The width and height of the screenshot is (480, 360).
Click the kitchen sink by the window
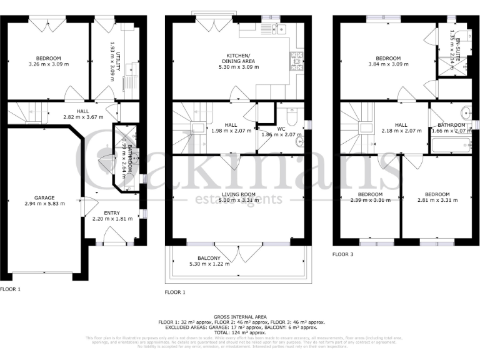pos(273,28)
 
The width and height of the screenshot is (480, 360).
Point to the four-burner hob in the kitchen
pos(294,59)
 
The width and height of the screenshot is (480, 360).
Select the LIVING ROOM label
pos(239,194)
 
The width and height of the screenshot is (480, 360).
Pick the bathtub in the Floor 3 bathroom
pos(451,146)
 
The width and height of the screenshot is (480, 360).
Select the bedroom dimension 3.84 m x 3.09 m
pos(384,64)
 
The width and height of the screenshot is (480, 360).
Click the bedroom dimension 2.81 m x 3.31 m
pos(437,201)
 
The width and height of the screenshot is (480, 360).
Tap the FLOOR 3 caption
pos(342,254)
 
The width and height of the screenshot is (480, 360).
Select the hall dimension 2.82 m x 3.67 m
pos(73,116)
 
